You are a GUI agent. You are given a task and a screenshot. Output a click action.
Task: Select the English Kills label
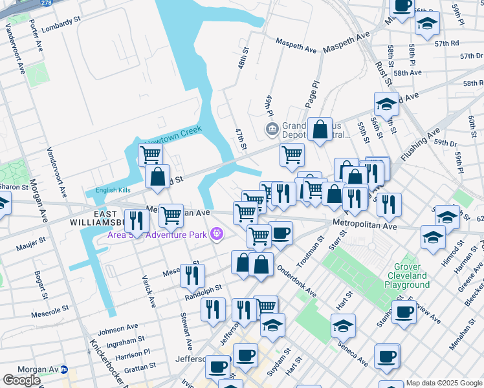[113, 190]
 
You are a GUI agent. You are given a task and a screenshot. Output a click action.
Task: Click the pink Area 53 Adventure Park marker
[216, 233]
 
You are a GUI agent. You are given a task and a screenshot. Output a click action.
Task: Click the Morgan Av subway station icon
[63, 369]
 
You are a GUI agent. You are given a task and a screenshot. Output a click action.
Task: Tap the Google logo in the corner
[21, 380]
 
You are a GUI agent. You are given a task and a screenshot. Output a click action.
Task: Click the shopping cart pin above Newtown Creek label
[150, 155]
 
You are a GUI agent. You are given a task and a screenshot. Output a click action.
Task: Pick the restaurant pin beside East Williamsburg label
[136, 220]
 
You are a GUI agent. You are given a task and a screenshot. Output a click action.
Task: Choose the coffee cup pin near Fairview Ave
[404, 312]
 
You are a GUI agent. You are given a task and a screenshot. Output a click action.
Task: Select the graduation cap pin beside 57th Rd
[426, 24]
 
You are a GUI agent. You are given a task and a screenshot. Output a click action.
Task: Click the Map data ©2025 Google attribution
[444, 383]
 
